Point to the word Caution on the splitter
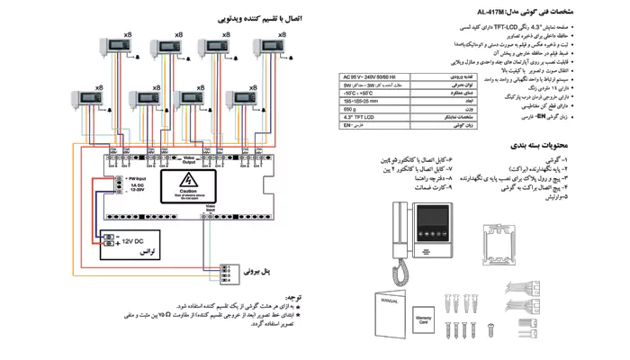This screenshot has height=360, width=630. [188, 193]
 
